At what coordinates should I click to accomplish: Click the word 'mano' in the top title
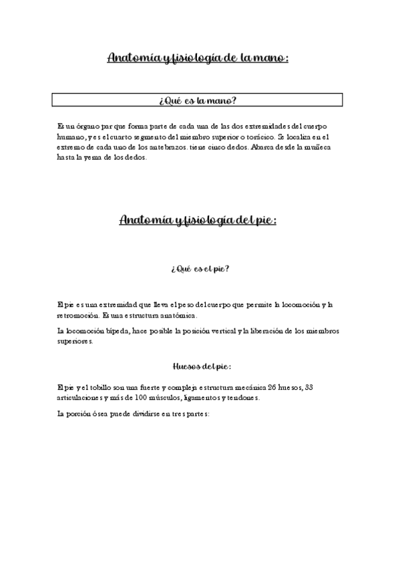[x=265, y=59]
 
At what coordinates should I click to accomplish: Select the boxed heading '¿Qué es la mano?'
[x=198, y=101]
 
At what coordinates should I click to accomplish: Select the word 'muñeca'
[x=325, y=147]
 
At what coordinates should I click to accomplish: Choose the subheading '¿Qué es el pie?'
[x=200, y=269]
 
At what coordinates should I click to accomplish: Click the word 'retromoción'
[x=79, y=316]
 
